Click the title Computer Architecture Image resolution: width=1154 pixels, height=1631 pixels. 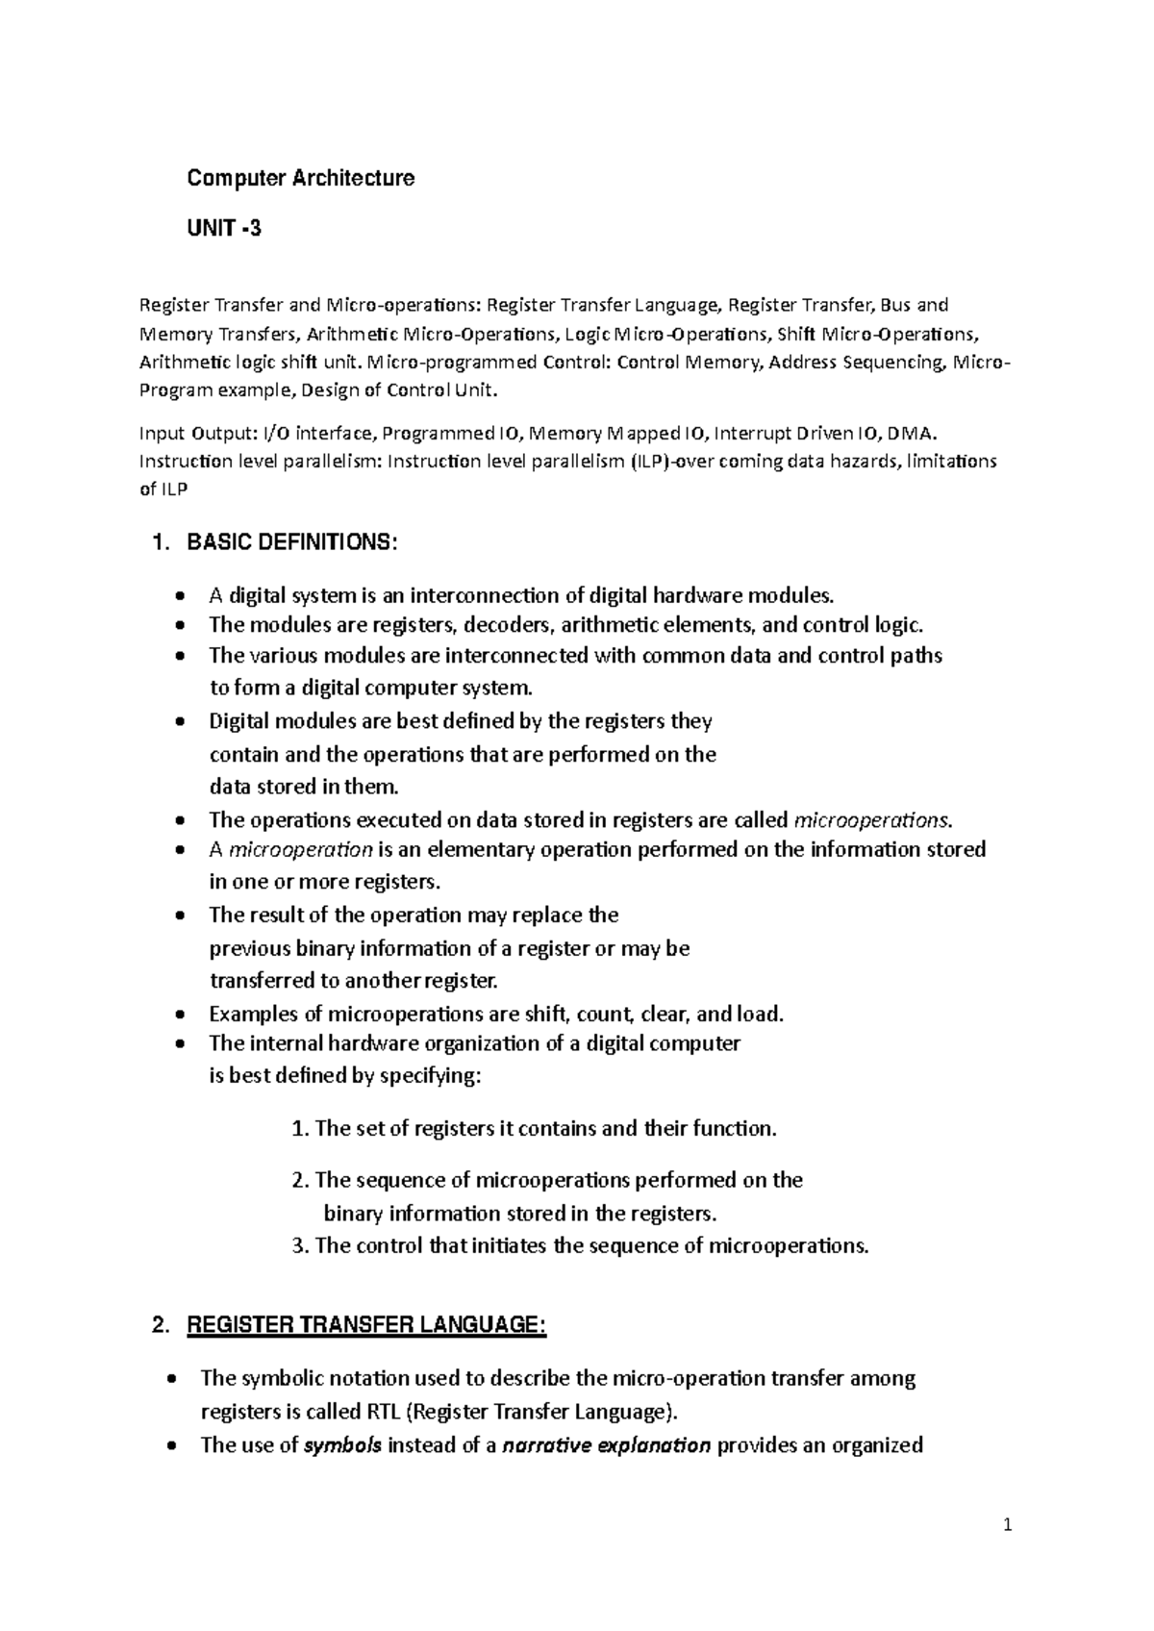click(x=301, y=178)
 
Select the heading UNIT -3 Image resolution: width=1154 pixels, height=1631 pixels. click(x=223, y=229)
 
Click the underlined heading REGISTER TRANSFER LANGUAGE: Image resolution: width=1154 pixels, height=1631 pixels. click(x=366, y=1326)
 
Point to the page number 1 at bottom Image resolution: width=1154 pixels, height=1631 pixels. click(x=1008, y=1524)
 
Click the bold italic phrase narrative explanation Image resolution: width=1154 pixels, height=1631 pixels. click(x=607, y=1444)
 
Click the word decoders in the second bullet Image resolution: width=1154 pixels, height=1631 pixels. click(x=509, y=625)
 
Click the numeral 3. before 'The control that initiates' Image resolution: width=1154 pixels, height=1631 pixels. click(x=299, y=1246)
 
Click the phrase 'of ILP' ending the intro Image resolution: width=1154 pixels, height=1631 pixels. click(x=164, y=489)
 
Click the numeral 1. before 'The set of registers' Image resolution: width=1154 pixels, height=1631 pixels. click(x=299, y=1129)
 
